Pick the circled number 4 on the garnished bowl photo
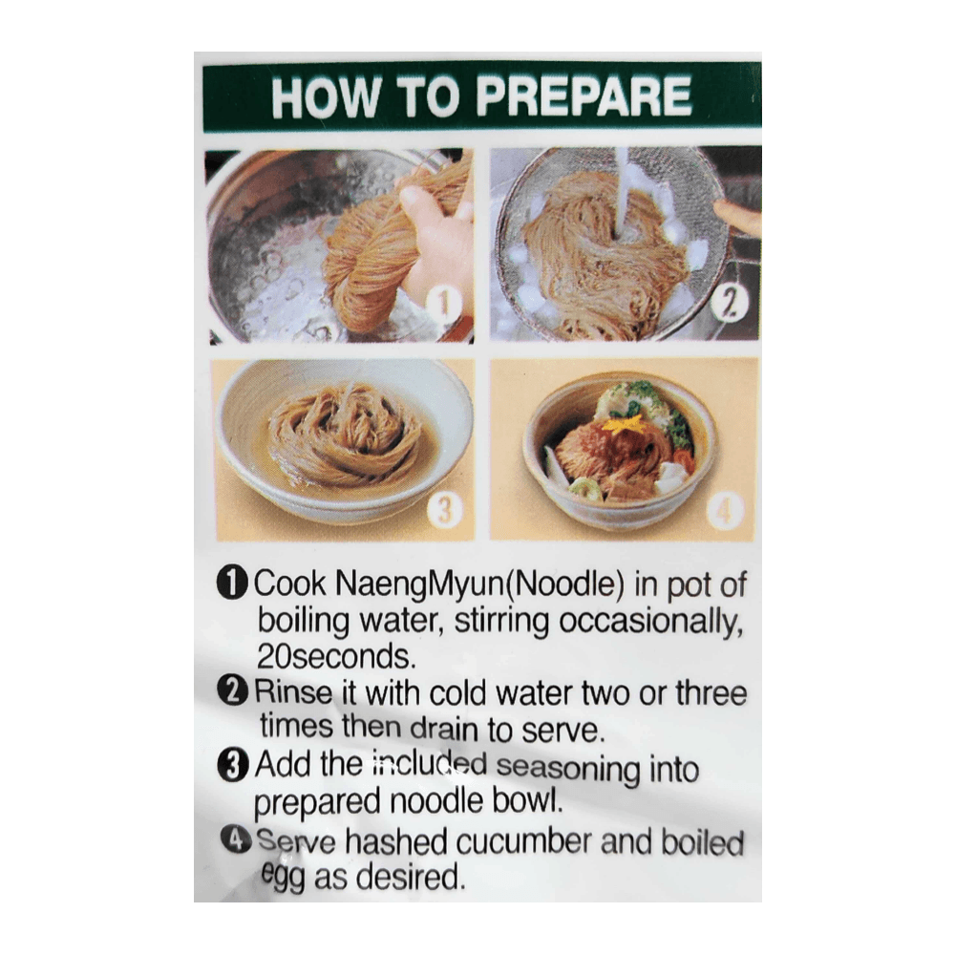tap(725, 512)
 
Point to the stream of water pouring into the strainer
tap(623, 191)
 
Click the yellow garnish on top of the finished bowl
tap(623, 423)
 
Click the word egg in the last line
tap(283, 877)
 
